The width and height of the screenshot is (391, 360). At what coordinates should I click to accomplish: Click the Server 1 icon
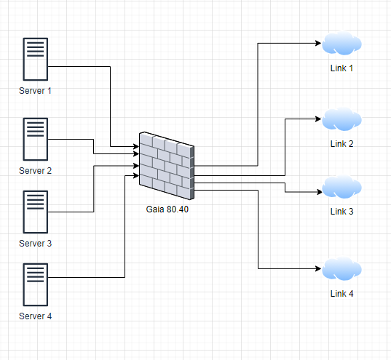tap(36, 60)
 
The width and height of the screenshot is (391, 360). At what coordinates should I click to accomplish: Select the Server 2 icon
tap(36, 140)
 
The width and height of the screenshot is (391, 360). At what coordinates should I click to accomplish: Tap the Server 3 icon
tap(36, 212)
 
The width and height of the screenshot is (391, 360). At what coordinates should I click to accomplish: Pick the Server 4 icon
tap(36, 284)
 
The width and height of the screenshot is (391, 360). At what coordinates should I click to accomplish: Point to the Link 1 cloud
tap(342, 44)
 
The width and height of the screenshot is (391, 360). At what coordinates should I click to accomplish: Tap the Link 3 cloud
tap(342, 187)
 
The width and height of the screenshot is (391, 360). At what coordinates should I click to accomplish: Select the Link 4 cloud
tap(342, 270)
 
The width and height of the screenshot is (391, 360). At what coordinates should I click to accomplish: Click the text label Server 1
tap(36, 92)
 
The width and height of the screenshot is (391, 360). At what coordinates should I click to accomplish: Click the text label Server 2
tap(36, 171)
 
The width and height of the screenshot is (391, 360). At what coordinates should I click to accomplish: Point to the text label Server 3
tap(36, 244)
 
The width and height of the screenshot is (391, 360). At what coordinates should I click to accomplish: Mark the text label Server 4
tap(36, 316)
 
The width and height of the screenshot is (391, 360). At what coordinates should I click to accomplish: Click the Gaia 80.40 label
tap(167, 209)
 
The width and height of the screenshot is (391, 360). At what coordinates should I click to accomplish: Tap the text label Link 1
tap(341, 68)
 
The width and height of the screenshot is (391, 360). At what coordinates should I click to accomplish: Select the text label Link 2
tap(341, 143)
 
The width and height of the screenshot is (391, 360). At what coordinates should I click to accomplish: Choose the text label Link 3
tap(341, 212)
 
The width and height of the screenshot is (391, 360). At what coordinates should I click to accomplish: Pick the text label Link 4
tap(341, 294)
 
